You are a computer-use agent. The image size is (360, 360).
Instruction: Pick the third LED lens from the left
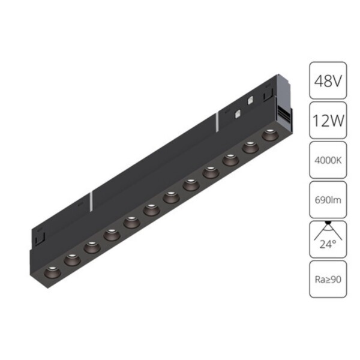coord(91,246)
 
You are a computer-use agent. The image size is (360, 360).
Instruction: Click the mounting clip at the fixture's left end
coord(37,235)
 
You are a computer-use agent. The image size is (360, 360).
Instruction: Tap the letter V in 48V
coord(338,80)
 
